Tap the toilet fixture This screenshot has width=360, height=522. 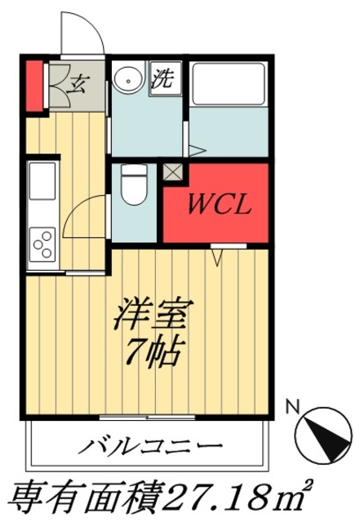point(132,188)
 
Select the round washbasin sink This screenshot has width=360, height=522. point(127,80)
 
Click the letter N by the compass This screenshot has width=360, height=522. point(294,405)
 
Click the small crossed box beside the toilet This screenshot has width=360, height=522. point(174,173)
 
